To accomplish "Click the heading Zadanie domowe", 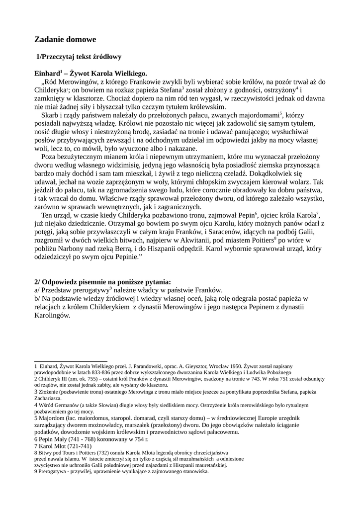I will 65,39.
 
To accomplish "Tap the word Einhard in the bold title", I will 47,73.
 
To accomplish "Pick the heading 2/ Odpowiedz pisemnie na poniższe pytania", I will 102,282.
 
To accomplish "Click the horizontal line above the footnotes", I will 71,361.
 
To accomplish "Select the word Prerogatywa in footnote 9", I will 52,472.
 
